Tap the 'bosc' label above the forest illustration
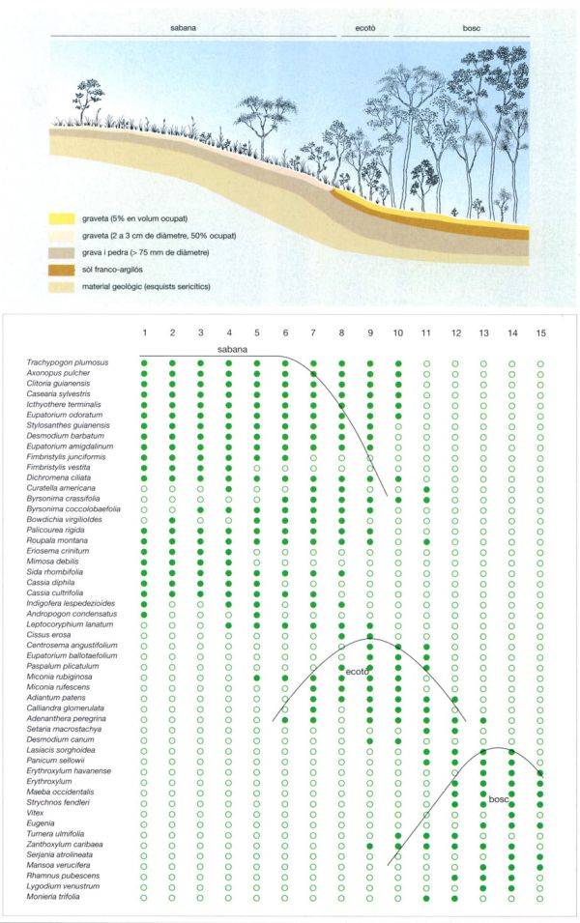(x=460, y=28)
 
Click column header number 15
(x=540, y=333)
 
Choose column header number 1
(x=144, y=333)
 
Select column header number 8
(x=341, y=333)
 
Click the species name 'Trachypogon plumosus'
(x=67, y=362)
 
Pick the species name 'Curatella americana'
(x=65, y=488)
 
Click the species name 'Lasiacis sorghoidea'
(x=62, y=750)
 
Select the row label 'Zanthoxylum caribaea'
(x=65, y=845)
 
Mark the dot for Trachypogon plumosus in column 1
(x=144, y=362)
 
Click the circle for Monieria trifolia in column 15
(x=540, y=898)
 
